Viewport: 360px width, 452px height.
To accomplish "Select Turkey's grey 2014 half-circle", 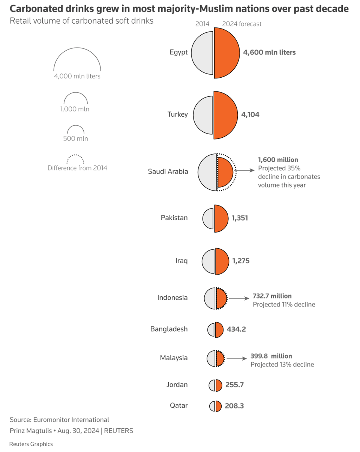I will pos(204,115).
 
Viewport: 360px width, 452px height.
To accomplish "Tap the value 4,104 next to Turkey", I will pos(250,115).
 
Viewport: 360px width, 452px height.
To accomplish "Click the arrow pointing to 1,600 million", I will pos(246,170).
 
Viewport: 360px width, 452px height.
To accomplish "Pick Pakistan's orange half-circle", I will pos(220,218).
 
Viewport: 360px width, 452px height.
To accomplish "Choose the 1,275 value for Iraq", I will pos(240,260).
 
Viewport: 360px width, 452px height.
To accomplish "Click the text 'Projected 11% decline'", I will pos(284,304).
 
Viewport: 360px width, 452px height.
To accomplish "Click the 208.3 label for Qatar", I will pos(234,405).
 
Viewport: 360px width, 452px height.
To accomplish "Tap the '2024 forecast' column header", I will pos(241,24).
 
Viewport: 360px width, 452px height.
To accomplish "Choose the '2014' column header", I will pos(202,24).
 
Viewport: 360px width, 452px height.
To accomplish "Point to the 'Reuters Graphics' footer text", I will pos(31,444).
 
